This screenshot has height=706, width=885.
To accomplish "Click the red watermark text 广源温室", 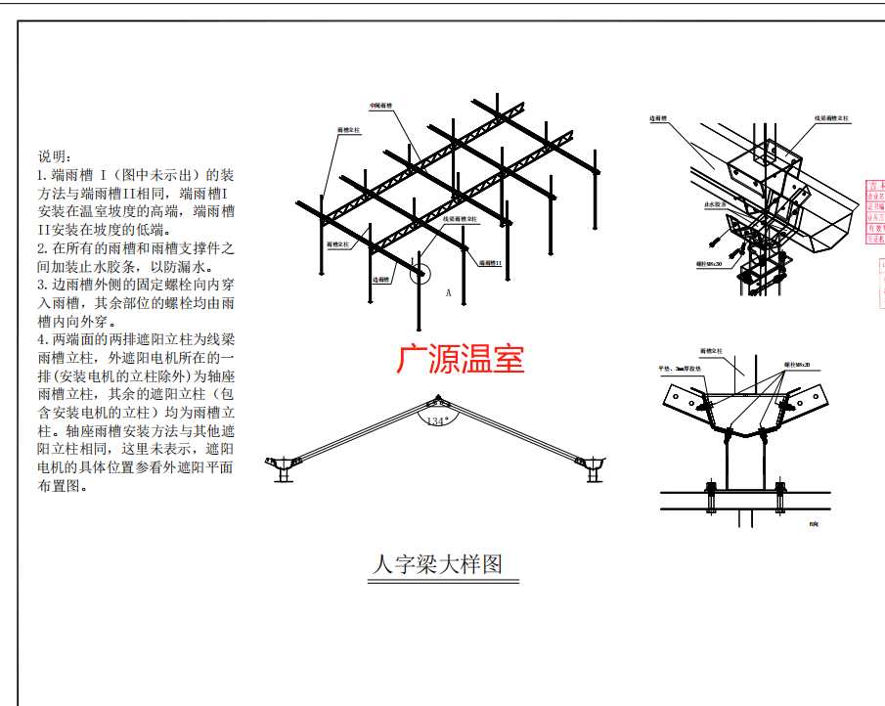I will click(460, 358).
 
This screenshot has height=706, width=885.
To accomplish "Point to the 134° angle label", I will click(436, 420).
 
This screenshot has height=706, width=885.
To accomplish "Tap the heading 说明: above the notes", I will click(54, 156).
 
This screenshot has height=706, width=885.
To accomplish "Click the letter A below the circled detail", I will click(447, 292).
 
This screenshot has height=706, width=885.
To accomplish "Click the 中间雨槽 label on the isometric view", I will click(380, 106).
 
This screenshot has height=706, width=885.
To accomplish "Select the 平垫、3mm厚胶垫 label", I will click(676, 370).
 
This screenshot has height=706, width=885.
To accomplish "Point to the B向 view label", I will click(813, 525).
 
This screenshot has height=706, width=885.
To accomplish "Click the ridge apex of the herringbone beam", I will click(436, 400).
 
